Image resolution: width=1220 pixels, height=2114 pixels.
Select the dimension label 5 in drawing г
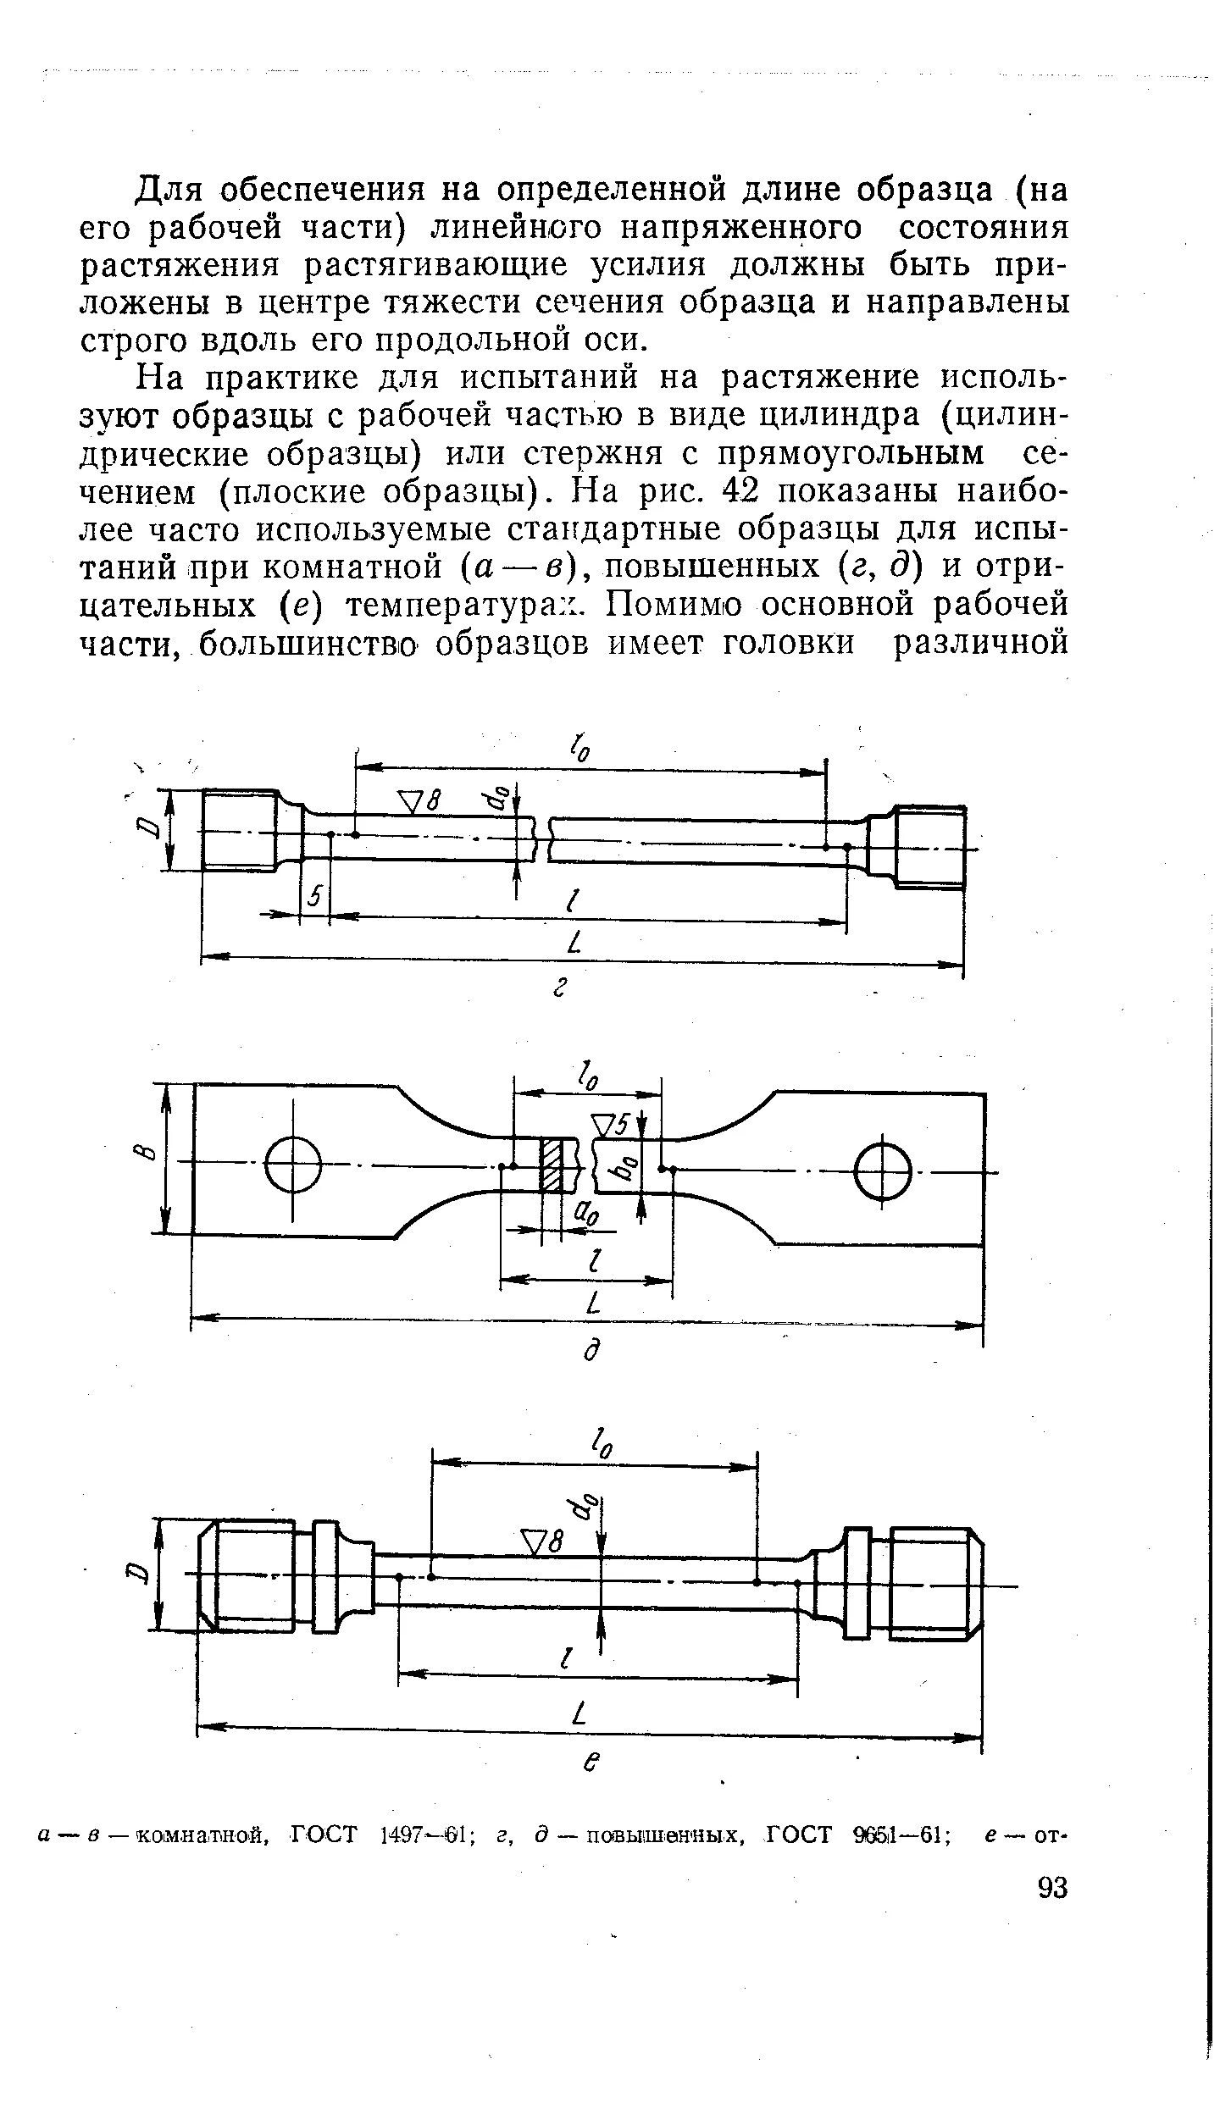pyautogui.click(x=315, y=896)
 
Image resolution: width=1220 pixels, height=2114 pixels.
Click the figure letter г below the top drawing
pyautogui.click(x=559, y=988)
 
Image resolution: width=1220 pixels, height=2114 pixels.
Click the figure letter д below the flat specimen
pyautogui.click(x=593, y=1349)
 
